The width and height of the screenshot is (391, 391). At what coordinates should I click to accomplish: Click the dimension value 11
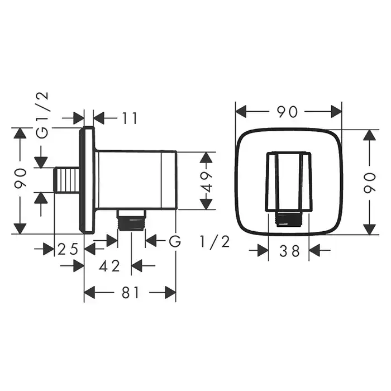(130, 118)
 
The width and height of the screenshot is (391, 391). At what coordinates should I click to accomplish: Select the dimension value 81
(130, 292)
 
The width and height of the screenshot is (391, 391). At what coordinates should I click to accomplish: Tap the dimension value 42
(109, 266)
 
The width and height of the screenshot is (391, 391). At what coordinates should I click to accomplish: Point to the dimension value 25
(68, 249)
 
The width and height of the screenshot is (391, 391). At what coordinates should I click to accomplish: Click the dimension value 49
(207, 181)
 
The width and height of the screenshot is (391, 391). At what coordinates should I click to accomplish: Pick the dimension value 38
(289, 251)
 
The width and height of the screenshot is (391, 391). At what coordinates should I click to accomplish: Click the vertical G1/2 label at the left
(42, 115)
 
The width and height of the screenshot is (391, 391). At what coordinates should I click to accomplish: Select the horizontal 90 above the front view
(288, 112)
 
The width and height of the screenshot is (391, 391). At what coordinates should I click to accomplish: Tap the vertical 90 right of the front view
(370, 183)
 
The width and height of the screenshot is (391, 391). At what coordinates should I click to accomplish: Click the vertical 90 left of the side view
(20, 178)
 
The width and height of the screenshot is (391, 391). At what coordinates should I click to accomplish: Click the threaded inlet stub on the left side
(67, 180)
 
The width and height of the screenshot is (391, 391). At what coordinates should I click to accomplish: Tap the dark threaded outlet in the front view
(288, 219)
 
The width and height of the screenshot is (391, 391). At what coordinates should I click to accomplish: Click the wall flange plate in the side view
(87, 180)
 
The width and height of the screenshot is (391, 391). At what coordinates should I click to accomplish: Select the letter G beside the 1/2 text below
(175, 241)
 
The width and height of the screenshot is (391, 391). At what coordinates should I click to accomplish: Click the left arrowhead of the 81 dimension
(90, 292)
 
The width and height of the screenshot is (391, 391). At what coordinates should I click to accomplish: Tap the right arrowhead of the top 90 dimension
(336, 112)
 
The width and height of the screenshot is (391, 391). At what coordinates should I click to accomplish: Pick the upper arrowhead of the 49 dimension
(206, 158)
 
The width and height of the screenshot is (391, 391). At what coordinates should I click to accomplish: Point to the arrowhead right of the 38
(314, 250)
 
